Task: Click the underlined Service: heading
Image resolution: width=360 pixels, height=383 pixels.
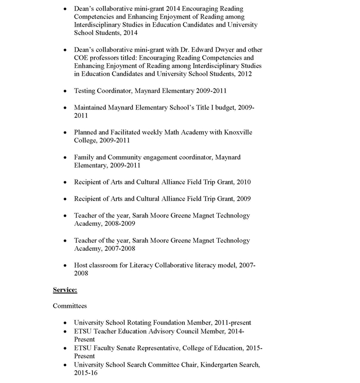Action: coord(65,290)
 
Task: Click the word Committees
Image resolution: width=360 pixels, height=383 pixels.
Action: coord(70,306)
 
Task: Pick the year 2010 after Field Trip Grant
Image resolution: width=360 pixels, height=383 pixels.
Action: coord(243,182)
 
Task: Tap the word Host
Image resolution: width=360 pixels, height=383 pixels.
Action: coord(81,265)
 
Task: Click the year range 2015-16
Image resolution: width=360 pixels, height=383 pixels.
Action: coord(85,373)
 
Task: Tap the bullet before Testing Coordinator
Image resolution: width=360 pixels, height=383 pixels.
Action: coord(65,92)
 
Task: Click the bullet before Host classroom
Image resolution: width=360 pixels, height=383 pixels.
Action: coord(65,266)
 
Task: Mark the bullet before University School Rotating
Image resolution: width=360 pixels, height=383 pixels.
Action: coord(65,323)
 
